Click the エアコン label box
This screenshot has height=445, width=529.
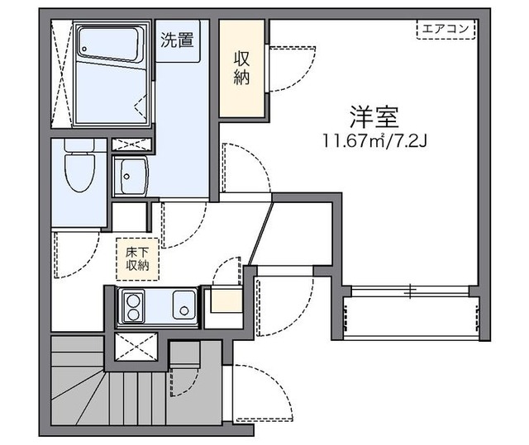point(446,30)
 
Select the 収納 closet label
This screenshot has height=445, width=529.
point(242,68)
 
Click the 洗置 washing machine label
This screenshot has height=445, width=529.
point(178,38)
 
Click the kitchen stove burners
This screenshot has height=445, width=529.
point(132,307)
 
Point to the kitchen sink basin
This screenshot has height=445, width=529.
point(183,307)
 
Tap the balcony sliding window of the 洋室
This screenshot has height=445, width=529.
point(410,291)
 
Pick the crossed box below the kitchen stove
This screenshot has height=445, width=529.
point(136,347)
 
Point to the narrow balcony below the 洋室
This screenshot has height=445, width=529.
point(411,317)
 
